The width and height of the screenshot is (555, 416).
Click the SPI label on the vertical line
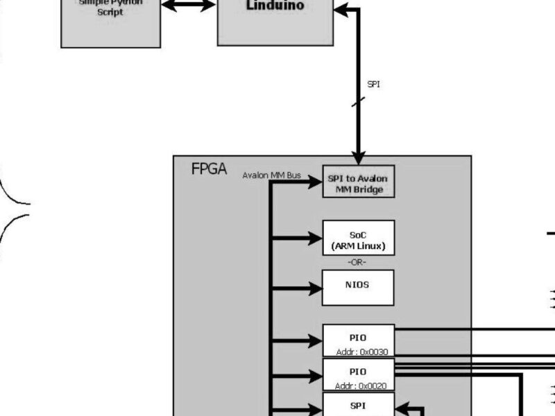click(373, 85)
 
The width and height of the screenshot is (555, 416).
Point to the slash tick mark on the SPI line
click(358, 102)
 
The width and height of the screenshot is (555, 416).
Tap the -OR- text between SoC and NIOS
click(357, 262)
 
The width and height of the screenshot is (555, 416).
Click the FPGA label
click(208, 170)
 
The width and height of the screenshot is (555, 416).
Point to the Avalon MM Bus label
click(271, 175)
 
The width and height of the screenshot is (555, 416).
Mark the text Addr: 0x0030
click(361, 352)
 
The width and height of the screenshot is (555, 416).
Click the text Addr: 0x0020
click(361, 385)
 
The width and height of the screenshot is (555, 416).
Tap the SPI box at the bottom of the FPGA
click(358, 404)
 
